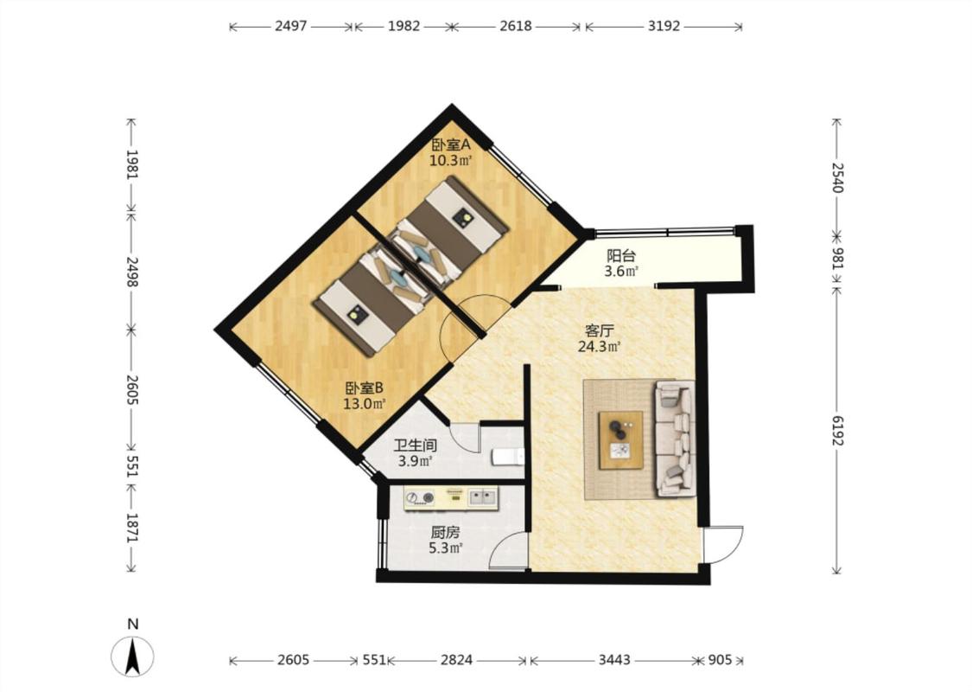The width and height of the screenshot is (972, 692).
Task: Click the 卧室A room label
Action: point(451,145)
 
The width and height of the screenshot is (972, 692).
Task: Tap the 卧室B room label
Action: point(365,388)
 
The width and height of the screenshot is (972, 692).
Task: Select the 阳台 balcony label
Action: point(621,256)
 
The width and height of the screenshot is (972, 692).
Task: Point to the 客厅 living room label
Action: point(600,330)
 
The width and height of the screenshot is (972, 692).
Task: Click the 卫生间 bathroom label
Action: point(416,445)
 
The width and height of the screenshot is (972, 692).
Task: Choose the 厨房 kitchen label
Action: point(446,533)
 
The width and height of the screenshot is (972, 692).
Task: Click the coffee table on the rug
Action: point(620,440)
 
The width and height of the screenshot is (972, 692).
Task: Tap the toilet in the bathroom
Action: point(508,458)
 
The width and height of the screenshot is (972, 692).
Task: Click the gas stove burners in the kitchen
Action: point(420,497)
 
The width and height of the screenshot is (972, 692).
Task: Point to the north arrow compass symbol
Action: point(133,656)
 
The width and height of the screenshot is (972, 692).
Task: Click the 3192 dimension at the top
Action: point(664,26)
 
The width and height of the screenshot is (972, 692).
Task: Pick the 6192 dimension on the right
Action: point(837,430)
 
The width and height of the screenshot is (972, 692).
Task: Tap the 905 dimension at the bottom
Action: point(720,660)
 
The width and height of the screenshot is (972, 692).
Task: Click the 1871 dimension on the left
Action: point(131,528)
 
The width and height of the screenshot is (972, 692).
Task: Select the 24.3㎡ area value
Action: point(600,347)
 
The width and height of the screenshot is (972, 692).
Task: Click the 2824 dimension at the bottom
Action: point(457,660)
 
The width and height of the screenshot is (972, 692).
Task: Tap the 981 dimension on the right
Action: point(837,259)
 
